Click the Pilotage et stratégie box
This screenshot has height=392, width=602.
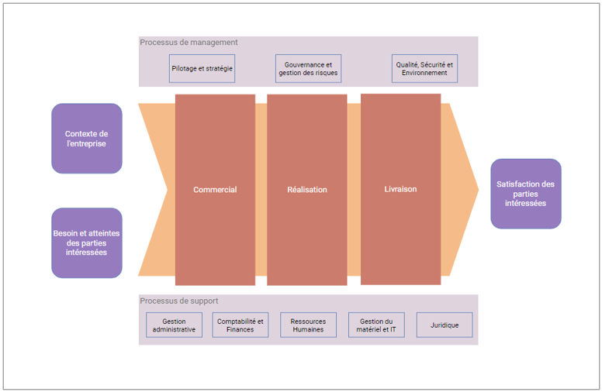click(202, 68)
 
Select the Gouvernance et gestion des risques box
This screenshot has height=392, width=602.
click(308, 68)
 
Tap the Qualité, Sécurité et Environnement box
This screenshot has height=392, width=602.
click(424, 68)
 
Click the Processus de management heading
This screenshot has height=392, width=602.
click(189, 43)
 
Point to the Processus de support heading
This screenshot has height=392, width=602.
click(179, 301)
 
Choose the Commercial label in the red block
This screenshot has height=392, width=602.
click(215, 190)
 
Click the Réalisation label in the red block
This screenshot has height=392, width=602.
click(307, 190)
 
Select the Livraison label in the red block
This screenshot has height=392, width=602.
click(400, 189)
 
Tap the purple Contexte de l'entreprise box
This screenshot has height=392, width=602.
click(87, 139)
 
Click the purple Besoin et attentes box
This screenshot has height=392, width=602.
click(87, 242)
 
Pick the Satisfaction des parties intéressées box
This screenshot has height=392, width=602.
click(525, 194)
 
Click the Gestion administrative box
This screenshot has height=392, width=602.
click(174, 325)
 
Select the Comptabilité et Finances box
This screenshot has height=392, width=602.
click(240, 325)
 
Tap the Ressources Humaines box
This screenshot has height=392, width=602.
click(308, 325)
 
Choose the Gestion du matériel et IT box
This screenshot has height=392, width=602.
click(377, 325)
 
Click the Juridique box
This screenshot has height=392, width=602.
click(445, 325)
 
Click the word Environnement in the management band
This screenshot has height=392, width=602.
click(424, 73)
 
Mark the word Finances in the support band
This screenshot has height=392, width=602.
click(240, 330)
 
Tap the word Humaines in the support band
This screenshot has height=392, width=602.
click(308, 330)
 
